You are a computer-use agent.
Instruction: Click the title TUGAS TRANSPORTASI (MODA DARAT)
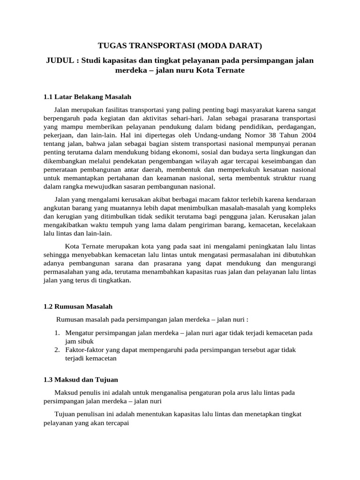click(x=180, y=45)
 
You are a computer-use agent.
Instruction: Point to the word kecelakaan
click(x=299, y=225)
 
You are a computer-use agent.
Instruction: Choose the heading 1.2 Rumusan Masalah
click(x=78, y=307)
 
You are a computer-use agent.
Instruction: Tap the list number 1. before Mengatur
click(x=56, y=333)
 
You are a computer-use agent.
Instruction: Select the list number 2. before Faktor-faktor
click(x=56, y=350)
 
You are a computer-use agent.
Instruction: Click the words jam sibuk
click(x=79, y=341)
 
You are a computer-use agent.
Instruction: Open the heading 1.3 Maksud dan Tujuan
click(x=81, y=379)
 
